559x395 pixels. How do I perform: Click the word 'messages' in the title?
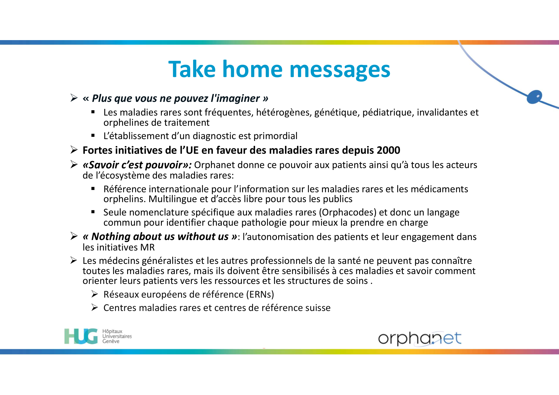pos(340,70)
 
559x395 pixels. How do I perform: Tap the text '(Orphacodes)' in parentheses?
pos(348,212)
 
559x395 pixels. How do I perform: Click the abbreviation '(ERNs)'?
pos(260,294)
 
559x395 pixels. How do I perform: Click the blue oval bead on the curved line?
pos(534,97)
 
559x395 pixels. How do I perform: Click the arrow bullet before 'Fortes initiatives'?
pos(74,150)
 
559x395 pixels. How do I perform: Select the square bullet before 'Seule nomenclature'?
pos(93,212)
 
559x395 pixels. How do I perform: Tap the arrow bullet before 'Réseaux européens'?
pos(95,294)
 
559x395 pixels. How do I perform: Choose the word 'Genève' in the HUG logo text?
pos(111,342)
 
